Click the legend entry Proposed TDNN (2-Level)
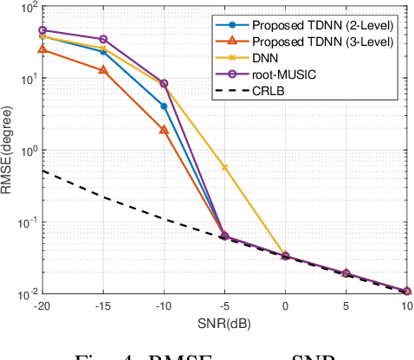pyautogui.click(x=322, y=26)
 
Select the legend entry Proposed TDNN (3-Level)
pyautogui.click(x=322, y=42)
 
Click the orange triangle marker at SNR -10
pyautogui.click(x=164, y=130)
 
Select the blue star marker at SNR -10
pyautogui.click(x=164, y=106)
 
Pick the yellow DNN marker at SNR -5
pyautogui.click(x=225, y=167)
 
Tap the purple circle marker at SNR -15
pyautogui.click(x=104, y=39)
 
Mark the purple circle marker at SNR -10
pyautogui.click(x=164, y=84)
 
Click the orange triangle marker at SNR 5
pyautogui.click(x=346, y=273)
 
